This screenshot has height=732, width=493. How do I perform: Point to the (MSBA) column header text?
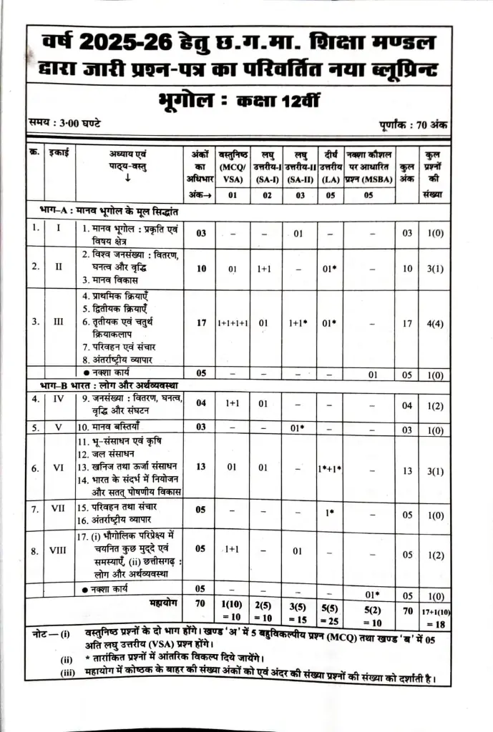pos(370,179)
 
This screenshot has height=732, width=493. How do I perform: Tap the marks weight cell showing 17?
pos(201,322)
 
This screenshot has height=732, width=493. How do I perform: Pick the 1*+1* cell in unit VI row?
pos(330,468)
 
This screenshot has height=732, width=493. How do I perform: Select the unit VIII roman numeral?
pos(59,551)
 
